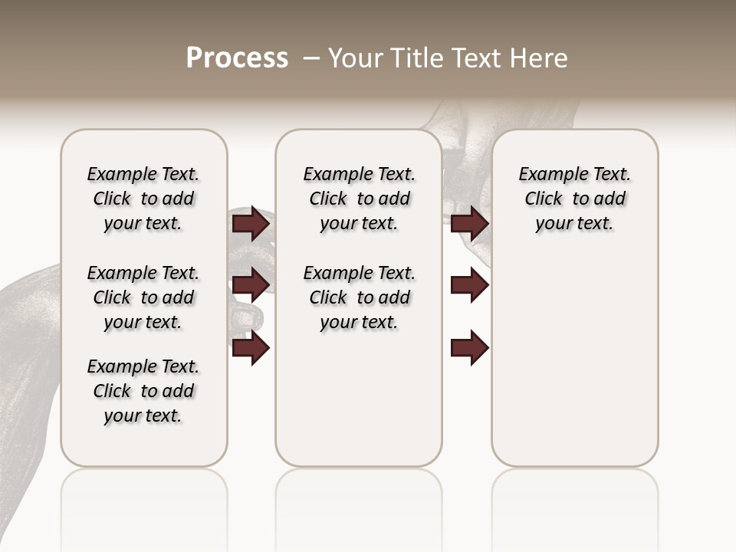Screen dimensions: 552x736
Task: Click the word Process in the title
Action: (237, 58)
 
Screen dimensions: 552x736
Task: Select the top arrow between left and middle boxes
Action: (251, 223)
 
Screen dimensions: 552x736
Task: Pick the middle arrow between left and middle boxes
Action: (251, 285)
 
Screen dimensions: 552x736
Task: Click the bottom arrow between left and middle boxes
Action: (251, 348)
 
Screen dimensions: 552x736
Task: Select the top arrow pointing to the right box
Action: (470, 223)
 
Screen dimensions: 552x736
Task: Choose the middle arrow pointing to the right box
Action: (470, 285)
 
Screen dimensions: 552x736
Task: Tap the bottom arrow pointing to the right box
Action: (470, 348)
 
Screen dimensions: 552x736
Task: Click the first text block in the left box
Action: (143, 199)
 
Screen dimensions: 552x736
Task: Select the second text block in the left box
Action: (143, 297)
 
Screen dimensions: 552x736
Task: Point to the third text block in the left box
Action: (143, 391)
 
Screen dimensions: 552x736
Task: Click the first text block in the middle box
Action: (359, 199)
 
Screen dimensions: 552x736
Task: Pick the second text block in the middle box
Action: (359, 297)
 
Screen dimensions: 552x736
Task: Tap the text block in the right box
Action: (574, 199)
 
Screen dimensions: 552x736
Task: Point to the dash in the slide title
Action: (311, 58)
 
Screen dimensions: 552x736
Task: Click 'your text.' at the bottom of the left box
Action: (143, 416)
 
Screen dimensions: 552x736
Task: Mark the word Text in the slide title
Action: (474, 58)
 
